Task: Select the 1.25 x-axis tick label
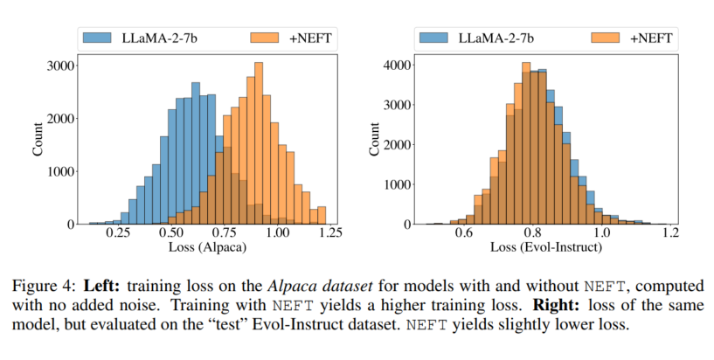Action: [x=328, y=235]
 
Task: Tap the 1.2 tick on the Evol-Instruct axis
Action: [x=669, y=235]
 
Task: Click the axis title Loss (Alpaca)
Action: [x=208, y=249]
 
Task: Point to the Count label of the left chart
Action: [x=38, y=139]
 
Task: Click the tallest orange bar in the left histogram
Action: [x=259, y=143]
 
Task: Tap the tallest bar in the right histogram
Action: [x=525, y=143]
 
